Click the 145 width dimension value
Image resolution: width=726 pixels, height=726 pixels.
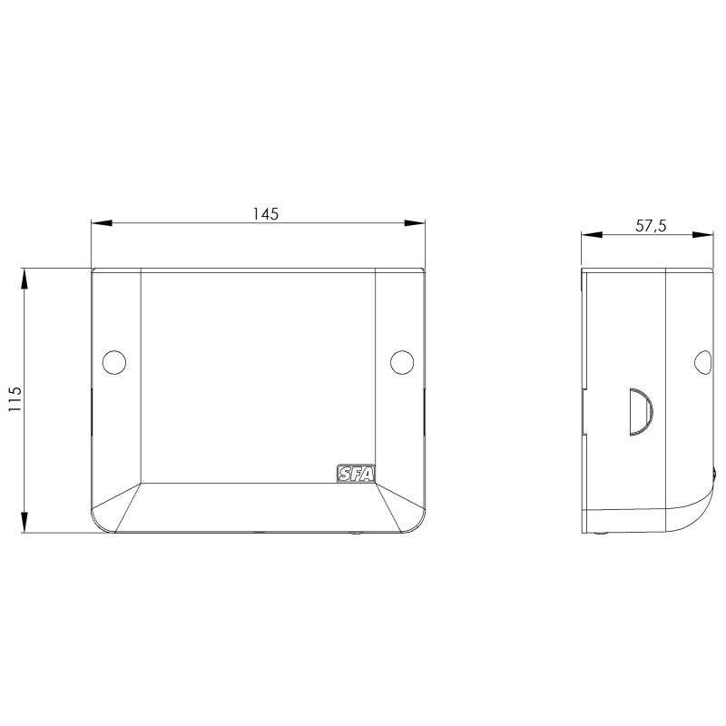pyautogui.click(x=265, y=213)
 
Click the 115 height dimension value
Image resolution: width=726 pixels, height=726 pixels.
pyautogui.click(x=15, y=399)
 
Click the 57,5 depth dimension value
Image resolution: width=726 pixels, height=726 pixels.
pyautogui.click(x=651, y=225)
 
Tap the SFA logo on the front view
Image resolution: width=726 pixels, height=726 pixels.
pyautogui.click(x=356, y=474)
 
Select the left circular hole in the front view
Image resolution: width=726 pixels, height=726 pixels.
pyautogui.click(x=114, y=362)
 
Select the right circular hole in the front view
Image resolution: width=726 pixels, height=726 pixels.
pyautogui.click(x=402, y=362)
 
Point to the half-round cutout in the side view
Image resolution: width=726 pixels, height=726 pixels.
pyautogui.click(x=641, y=412)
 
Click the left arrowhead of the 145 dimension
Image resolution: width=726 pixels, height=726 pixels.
pyautogui.click(x=102, y=223)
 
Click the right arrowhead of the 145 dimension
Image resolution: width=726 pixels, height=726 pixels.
pyautogui.click(x=415, y=223)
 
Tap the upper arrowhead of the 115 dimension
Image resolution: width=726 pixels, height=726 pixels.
pyautogui.click(x=25, y=279)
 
